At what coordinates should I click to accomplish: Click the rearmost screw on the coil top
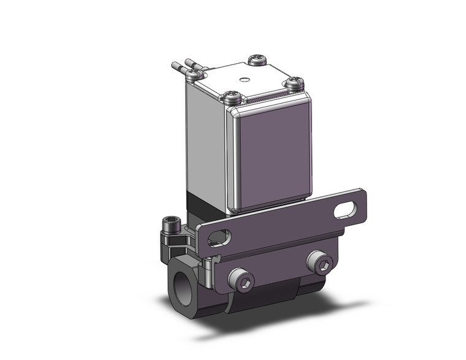click(256, 60)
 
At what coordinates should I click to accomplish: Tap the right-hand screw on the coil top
click(296, 82)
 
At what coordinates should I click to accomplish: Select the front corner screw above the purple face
click(231, 96)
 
